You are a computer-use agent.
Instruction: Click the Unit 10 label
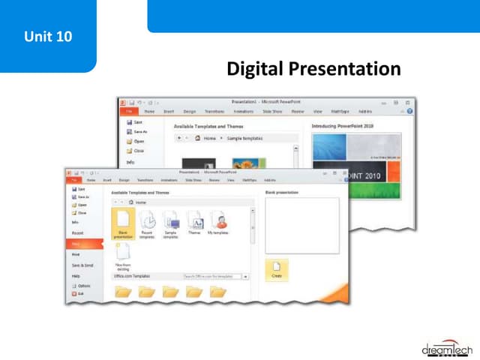click(48, 35)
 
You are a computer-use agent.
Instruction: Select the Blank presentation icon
click(123, 223)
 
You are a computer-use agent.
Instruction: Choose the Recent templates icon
click(147, 223)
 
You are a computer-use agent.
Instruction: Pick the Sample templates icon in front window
click(171, 223)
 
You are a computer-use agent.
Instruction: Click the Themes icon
click(194, 222)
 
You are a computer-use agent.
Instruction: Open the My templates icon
click(218, 222)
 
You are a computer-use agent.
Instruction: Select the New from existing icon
click(123, 255)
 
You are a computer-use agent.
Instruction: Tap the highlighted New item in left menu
click(79, 244)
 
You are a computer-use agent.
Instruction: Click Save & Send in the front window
click(82, 265)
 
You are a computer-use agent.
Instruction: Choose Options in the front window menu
click(83, 286)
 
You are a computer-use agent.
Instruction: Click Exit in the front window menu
click(80, 293)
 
